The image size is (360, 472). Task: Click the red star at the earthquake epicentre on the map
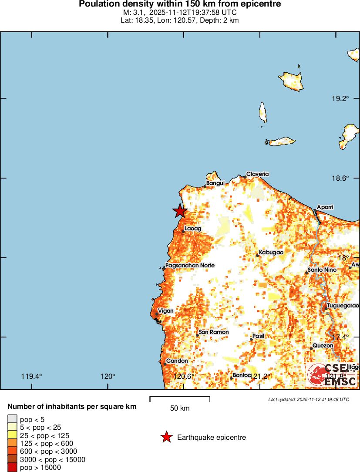click(x=180, y=211)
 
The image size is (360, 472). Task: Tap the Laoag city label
click(x=192, y=228)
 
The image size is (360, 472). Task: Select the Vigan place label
click(x=165, y=311)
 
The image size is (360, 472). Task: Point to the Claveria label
click(x=257, y=174)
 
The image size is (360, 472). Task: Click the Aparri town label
click(x=325, y=207)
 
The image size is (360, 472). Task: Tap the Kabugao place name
click(x=271, y=253)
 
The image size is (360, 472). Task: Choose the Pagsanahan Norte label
click(x=190, y=265)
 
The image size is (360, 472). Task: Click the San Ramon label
click(x=213, y=332)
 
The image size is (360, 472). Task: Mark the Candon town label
click(x=177, y=361)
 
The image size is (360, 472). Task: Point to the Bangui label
click(x=215, y=183)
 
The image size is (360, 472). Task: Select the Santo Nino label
click(x=322, y=270)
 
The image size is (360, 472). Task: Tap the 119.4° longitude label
click(x=31, y=377)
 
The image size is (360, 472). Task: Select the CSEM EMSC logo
click(x=333, y=374)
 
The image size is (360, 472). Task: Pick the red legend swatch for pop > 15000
click(x=12, y=467)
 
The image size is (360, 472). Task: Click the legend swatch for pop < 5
click(x=12, y=419)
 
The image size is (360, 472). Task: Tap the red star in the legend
click(x=166, y=437)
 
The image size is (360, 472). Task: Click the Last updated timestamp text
click(x=308, y=399)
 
